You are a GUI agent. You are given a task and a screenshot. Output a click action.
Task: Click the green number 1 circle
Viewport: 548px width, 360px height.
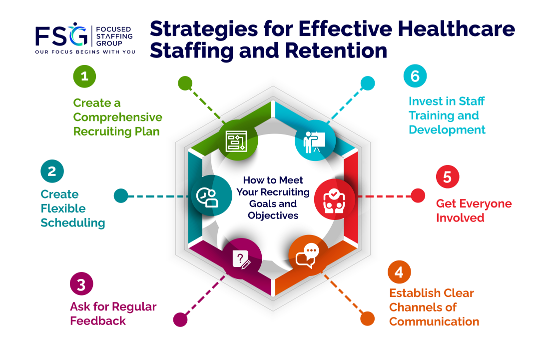tap(84, 76)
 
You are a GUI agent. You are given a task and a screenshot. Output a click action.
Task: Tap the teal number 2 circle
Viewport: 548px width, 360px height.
tap(52, 171)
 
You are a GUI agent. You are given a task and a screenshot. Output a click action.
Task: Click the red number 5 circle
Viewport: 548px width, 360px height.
tap(447, 177)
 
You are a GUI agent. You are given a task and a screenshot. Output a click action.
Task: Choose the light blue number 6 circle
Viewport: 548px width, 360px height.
tap(415, 76)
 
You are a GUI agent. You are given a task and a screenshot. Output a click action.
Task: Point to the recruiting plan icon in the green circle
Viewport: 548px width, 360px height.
tap(237, 141)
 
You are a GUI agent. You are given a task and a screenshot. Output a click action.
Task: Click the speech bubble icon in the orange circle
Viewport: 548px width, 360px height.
tap(307, 255)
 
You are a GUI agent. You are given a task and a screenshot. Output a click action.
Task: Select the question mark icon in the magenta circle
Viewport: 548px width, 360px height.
tap(241, 259)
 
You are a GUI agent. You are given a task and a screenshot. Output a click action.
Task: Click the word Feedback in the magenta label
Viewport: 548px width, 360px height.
tap(98, 321)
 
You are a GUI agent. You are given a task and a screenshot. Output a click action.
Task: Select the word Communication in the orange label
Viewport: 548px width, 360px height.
tap(434, 321)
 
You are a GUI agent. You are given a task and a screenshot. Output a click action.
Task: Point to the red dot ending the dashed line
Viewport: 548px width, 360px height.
tap(418, 196)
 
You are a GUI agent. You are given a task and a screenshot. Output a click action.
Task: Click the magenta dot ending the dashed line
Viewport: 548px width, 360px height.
tap(180, 319)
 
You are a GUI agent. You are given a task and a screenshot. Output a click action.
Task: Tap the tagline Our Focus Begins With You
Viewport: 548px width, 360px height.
tap(85, 51)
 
